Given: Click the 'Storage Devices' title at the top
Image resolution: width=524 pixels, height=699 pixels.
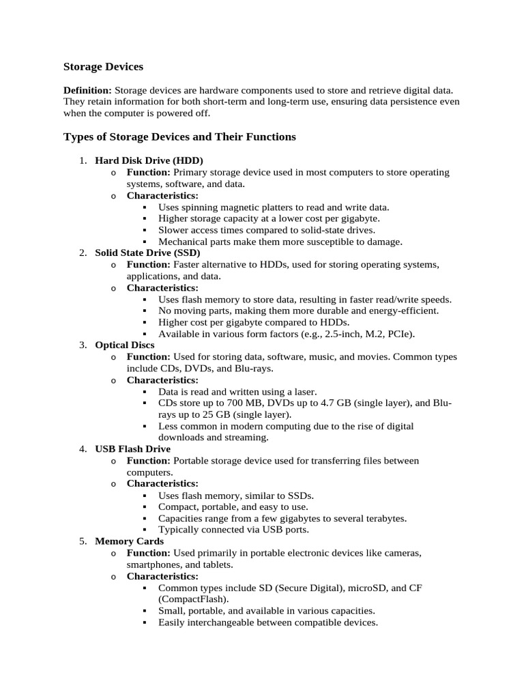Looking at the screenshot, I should pyautogui.click(x=103, y=67).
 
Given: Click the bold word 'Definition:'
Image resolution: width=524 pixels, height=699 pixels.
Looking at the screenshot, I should pyautogui.click(x=87, y=90).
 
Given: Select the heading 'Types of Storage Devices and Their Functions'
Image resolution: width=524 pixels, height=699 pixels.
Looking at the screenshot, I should pyautogui.click(x=179, y=137).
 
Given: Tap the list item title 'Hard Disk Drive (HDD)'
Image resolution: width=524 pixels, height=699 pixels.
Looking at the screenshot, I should pyautogui.click(x=149, y=160).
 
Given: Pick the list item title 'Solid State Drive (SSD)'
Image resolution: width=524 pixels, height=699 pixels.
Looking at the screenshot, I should pyautogui.click(x=147, y=253).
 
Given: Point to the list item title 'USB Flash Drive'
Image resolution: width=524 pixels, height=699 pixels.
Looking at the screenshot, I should pyautogui.click(x=132, y=448).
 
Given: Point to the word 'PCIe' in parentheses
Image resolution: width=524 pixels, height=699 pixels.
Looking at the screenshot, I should pyautogui.click(x=399, y=334).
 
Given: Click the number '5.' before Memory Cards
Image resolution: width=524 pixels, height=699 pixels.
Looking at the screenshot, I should pyautogui.click(x=83, y=541).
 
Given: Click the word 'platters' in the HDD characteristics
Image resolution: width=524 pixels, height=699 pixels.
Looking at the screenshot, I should pyautogui.click(x=285, y=207).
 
